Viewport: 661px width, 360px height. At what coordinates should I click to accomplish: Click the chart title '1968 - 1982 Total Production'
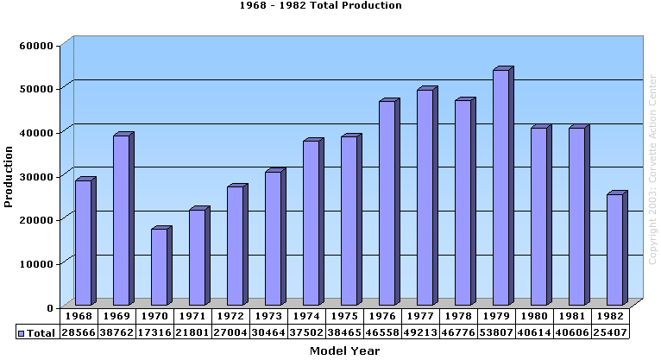320,6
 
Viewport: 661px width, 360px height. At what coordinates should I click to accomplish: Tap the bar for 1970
159,267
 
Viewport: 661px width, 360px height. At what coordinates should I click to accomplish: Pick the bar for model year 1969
121,220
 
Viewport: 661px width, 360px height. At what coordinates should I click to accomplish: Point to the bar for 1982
614,249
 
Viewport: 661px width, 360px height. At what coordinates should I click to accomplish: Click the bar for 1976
387,203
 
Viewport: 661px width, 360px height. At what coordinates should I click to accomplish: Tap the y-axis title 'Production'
9,176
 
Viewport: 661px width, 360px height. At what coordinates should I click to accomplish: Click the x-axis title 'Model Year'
344,351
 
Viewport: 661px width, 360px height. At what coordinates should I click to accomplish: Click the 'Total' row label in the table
41,332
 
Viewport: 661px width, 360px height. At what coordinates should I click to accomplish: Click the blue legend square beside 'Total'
22,332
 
